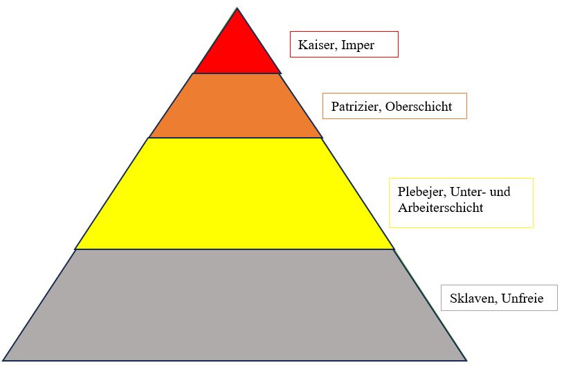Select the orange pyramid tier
(x=236, y=105)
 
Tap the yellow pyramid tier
(x=235, y=193)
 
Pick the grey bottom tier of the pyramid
(x=235, y=305)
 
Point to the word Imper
(x=358, y=46)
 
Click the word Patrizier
(x=356, y=107)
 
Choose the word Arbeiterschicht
(x=440, y=207)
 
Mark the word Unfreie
(x=523, y=299)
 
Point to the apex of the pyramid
(x=237, y=8)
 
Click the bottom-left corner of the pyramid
(x=3, y=360)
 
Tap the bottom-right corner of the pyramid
(x=466, y=360)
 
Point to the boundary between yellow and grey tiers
(x=235, y=249)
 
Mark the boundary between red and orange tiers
(x=237, y=73)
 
